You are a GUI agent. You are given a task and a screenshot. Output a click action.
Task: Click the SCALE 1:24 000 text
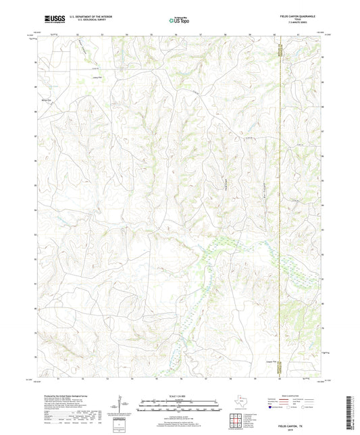pos(179,396)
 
